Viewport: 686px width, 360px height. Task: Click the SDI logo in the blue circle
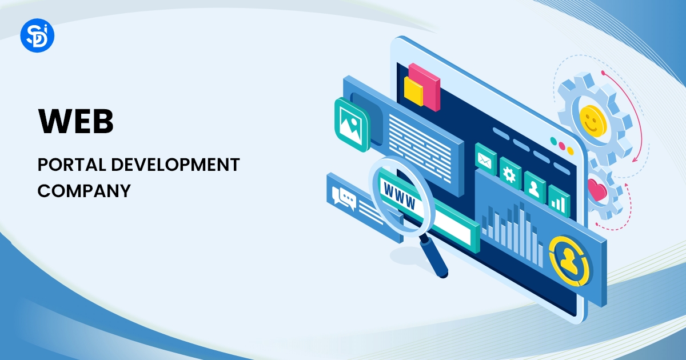pos(37,35)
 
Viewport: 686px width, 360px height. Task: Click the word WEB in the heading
pos(75,121)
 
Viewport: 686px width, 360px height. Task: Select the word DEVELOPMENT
pos(174,165)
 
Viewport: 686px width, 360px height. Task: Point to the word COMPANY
pos(84,190)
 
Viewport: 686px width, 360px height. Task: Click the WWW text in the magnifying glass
pos(400,193)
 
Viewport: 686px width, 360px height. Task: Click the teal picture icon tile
pos(353,125)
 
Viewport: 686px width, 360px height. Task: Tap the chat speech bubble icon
pos(346,197)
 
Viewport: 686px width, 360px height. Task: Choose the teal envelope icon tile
pos(485,158)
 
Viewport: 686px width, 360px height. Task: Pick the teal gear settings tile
pos(509,172)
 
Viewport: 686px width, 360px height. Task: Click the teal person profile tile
pos(534,186)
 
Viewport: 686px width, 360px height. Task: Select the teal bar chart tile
pos(559,199)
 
